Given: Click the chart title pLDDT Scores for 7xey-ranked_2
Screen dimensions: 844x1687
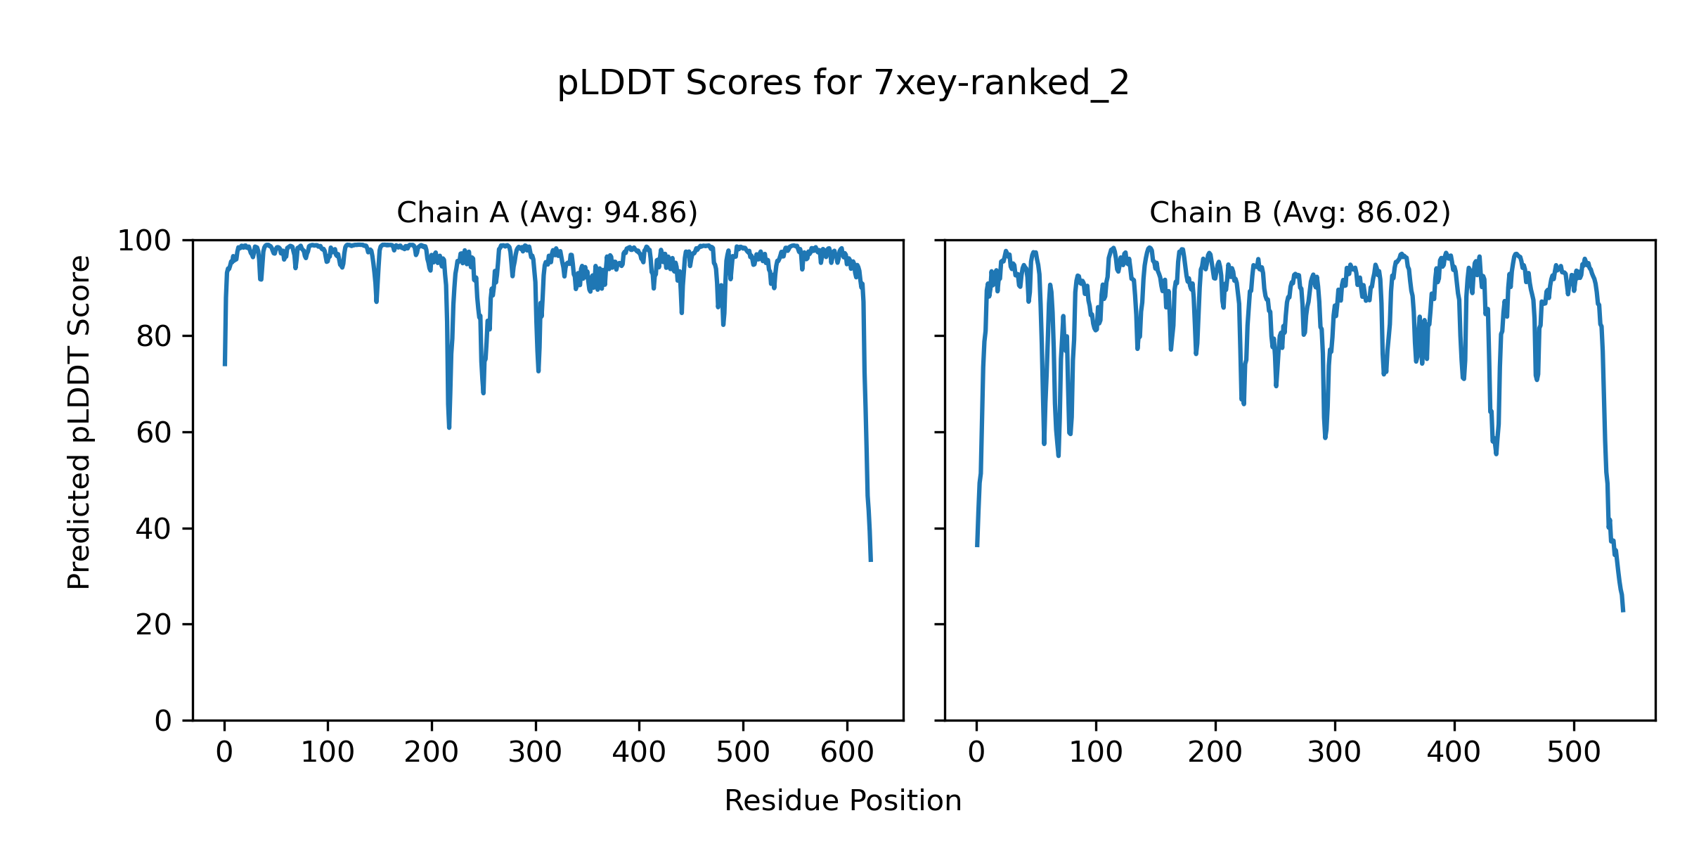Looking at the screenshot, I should (x=843, y=84).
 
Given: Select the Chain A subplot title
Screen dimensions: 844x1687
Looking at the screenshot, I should (x=547, y=212).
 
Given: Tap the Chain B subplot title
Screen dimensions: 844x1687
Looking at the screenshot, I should (x=1300, y=212).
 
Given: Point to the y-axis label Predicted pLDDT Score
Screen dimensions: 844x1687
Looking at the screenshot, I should (x=79, y=422).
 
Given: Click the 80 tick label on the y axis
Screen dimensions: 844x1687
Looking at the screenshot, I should (x=154, y=337).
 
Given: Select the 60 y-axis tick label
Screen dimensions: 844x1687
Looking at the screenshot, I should (x=154, y=433).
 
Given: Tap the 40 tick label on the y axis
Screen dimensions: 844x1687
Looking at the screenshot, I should (x=154, y=529).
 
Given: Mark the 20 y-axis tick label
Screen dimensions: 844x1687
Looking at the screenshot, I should (x=154, y=625).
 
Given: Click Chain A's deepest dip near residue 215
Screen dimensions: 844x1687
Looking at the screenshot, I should (x=449, y=427).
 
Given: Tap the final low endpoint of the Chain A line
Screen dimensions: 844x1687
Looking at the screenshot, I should (x=871, y=561).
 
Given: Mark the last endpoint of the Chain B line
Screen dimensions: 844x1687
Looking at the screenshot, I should (x=1623, y=611).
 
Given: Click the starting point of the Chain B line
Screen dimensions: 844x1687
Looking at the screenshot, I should (x=977, y=546).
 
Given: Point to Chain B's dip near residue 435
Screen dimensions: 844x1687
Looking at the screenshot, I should (x=1496, y=454).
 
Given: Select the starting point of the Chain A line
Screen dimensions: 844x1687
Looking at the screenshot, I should (x=225, y=364).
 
